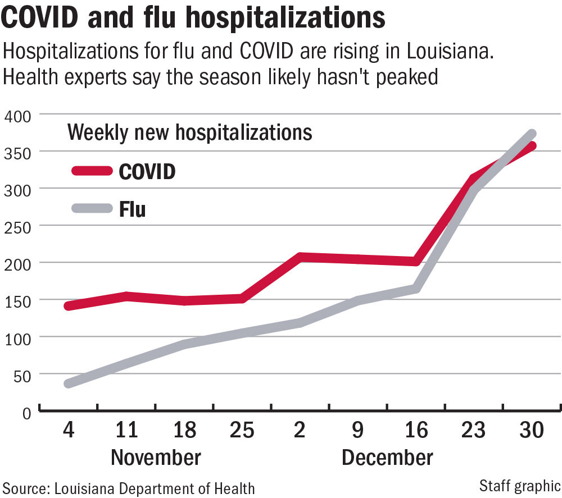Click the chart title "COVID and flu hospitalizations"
193,18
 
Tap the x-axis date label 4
68,430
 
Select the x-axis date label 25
242,430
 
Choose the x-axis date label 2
300,430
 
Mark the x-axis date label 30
532,430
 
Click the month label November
156,457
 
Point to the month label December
387,457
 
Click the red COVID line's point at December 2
300,258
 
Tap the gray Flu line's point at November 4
68,384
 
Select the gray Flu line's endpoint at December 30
532,134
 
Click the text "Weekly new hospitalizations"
189,133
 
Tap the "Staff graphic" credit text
520,485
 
